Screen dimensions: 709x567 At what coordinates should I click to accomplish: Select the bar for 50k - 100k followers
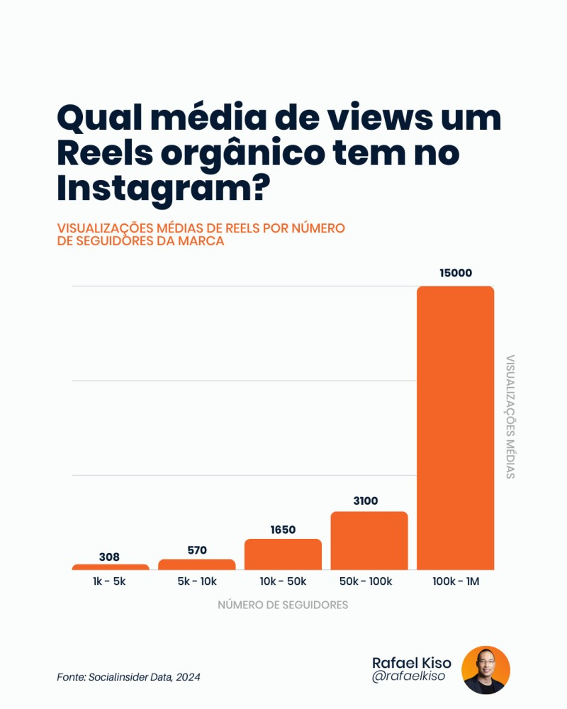point(369,540)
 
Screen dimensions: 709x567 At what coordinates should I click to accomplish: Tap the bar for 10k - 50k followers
point(283,554)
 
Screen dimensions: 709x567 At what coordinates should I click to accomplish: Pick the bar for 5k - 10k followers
point(196,564)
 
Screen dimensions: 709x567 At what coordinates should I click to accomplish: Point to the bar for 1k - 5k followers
point(110,567)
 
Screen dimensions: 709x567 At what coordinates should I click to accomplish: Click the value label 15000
point(455,273)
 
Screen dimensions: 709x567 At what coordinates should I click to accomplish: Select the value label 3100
point(365,501)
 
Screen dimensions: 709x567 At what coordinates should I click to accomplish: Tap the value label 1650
point(283,529)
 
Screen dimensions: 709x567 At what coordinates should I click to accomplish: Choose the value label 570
point(196,549)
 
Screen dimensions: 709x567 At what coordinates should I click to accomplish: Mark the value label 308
point(109,557)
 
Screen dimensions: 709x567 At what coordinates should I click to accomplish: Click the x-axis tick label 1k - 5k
point(109,581)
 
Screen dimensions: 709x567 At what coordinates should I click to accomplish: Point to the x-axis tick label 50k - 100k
point(365,581)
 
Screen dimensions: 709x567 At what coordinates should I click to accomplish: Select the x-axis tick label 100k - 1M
point(456,581)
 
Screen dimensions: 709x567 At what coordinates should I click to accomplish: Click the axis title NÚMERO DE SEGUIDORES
point(283,605)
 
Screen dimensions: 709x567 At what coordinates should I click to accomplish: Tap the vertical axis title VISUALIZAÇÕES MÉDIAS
point(510,416)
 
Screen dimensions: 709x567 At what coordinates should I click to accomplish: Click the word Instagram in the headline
point(155,188)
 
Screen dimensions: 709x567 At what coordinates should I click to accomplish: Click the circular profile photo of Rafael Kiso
point(485,670)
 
